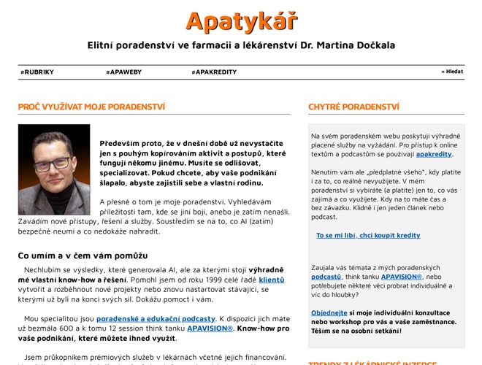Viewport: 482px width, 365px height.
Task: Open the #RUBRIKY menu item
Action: (37, 72)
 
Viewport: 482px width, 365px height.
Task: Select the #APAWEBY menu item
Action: (122, 72)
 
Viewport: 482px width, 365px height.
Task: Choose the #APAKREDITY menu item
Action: (214, 72)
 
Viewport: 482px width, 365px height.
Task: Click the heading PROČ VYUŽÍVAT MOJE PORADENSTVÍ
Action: (91, 107)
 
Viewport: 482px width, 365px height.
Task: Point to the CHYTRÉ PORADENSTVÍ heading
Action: (353, 107)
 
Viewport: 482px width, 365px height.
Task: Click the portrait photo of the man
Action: (54, 169)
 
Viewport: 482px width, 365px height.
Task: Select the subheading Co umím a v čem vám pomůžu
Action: (83, 255)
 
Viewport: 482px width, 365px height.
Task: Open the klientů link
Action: (272, 280)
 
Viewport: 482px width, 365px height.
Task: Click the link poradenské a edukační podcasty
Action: (156, 318)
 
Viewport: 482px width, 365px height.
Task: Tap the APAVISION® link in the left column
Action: (210, 328)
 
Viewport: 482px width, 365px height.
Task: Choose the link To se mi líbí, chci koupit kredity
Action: (368, 236)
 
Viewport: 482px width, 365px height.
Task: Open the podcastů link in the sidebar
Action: (326, 277)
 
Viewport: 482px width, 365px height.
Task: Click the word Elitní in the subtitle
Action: (103, 45)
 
